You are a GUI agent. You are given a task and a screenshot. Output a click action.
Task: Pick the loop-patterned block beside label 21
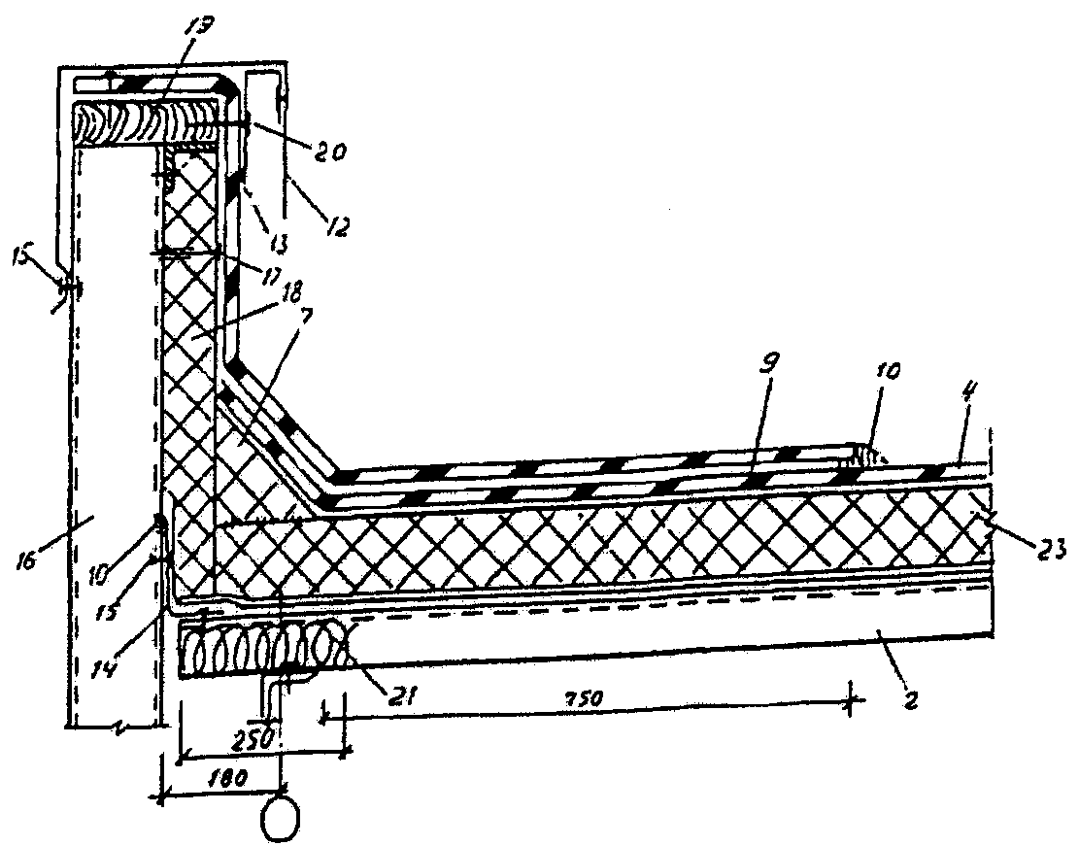tap(262, 646)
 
